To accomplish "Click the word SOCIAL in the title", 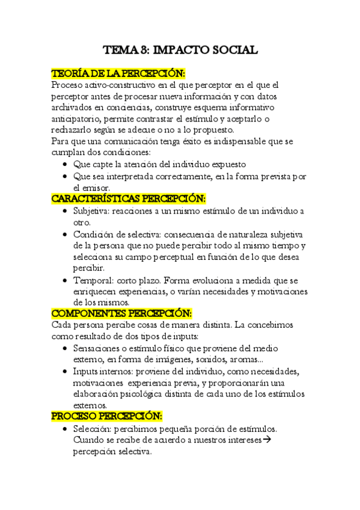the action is (233, 50).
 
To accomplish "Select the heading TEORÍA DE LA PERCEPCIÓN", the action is (118, 73).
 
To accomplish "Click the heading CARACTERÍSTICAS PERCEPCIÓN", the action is (129, 198).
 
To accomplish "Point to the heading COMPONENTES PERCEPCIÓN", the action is (121, 313).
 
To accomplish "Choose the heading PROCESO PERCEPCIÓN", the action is (107, 416).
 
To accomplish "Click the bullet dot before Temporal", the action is (65, 281).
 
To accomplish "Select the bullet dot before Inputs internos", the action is (65, 372).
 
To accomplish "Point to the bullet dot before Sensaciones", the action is (65, 349).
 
